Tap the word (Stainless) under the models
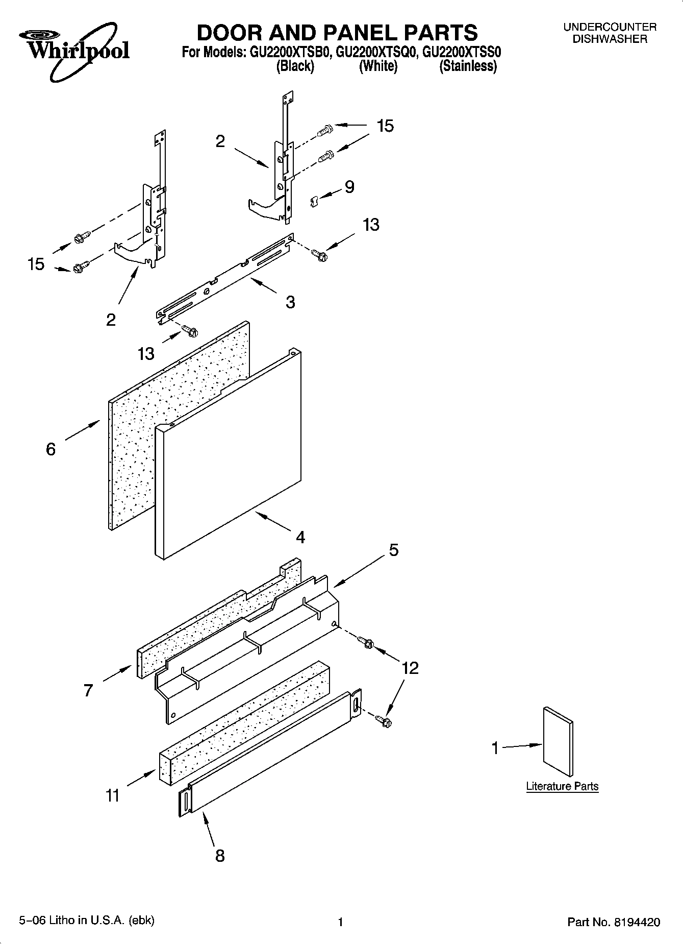point(468,66)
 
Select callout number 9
point(349,187)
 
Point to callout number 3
point(290,302)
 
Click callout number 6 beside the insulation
point(50,449)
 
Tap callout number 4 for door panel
point(300,537)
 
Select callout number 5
point(394,550)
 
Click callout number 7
point(88,691)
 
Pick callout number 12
point(410,668)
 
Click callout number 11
point(113,795)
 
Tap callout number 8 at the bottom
point(220,856)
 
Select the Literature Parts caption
point(562,786)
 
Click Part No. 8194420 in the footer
point(614,922)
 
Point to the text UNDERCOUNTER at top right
point(610,27)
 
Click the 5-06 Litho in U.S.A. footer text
point(87,920)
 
